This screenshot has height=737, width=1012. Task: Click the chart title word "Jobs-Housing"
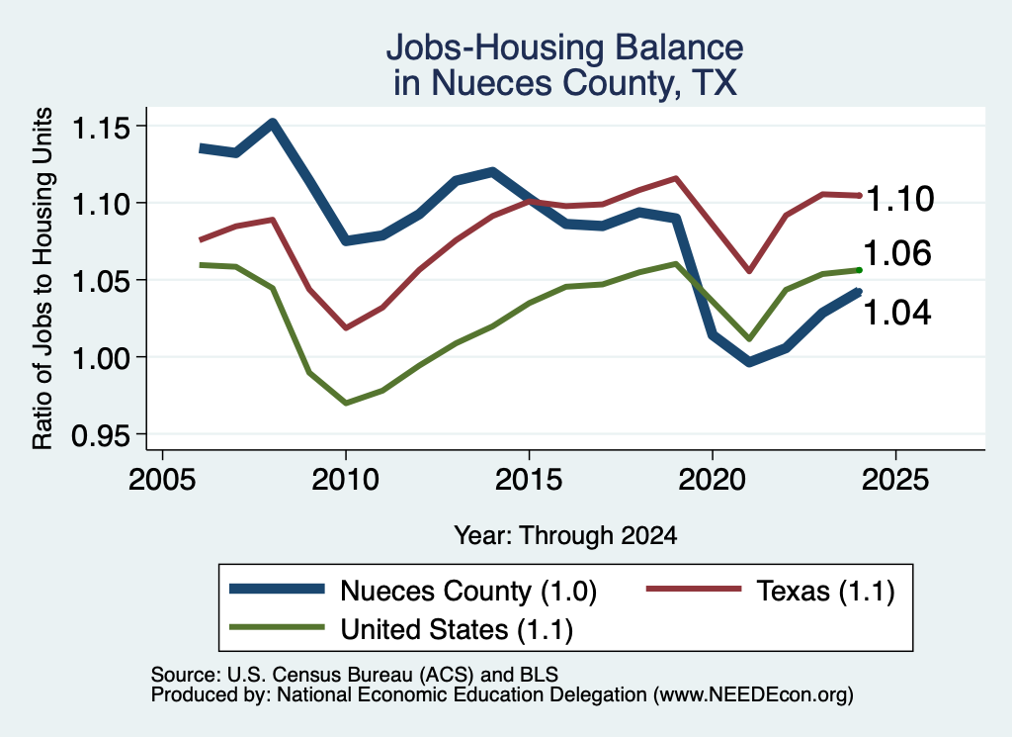[x=496, y=47]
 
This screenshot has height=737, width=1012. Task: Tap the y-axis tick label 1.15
[x=100, y=128]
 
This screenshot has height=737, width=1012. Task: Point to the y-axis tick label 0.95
[x=100, y=436]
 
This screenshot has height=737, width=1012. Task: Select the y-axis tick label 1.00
[x=100, y=358]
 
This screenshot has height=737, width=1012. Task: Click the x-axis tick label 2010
[x=345, y=480]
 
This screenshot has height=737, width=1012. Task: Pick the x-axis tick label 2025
[x=895, y=480]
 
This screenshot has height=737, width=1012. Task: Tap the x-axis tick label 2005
[x=162, y=480]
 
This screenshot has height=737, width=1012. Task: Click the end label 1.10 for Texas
[x=899, y=198]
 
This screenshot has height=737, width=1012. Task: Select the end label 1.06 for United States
[x=897, y=252]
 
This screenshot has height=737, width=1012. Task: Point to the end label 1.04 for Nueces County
[x=897, y=313]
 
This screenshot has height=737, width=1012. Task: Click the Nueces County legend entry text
[x=468, y=591]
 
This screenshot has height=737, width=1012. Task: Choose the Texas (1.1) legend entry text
[x=825, y=591]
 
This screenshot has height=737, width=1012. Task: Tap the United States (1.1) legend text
[x=457, y=629]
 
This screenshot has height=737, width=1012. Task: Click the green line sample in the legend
[x=277, y=626]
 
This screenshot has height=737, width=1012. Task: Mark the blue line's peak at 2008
[x=273, y=123]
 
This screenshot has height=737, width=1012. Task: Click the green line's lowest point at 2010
[x=346, y=403]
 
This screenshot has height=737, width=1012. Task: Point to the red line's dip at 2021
[x=749, y=271]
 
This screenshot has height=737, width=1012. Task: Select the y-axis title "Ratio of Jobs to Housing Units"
[x=42, y=278]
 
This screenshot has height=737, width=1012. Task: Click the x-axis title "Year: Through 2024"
[x=566, y=535]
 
